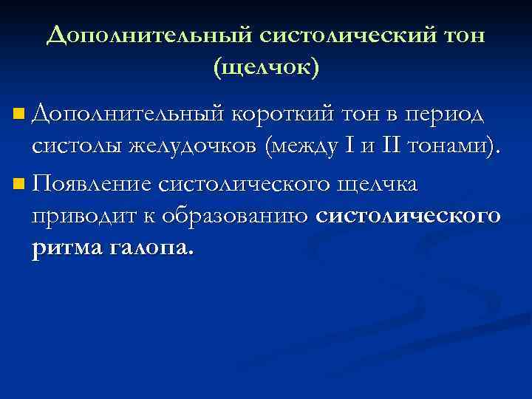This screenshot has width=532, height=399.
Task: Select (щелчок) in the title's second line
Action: [266, 68]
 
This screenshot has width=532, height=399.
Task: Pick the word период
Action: [443, 115]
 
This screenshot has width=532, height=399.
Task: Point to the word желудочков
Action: [188, 148]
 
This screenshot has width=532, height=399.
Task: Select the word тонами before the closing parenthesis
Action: [446, 148]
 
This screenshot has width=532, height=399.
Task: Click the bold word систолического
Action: [408, 216]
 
